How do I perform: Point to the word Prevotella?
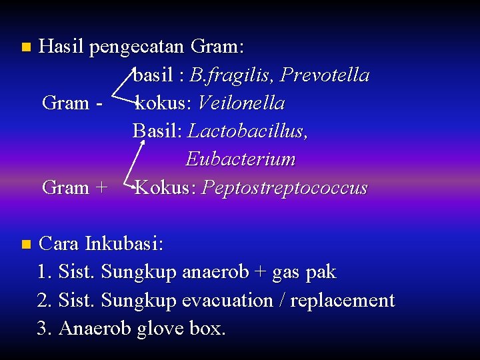tap(325, 75)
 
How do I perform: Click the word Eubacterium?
tap(240, 159)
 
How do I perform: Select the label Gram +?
tap(74, 188)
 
